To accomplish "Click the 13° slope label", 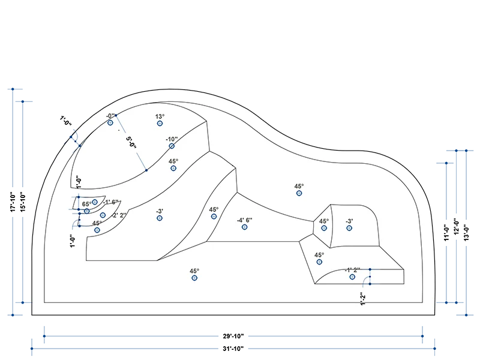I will [160, 116].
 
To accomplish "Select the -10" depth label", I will [173, 139].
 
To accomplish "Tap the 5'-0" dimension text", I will [131, 143].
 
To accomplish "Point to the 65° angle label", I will [87, 205].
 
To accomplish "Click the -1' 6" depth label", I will [112, 202].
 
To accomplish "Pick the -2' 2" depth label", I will [119, 215].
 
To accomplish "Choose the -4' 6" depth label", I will [244, 220].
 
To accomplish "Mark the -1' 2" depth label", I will [352, 270].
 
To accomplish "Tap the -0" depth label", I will [110, 116].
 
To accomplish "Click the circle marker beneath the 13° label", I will [160, 124].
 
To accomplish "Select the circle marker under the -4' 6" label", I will [244, 227].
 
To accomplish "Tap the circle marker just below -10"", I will [172, 146].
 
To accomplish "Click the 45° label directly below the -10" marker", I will [173, 161].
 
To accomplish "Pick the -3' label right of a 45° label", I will [349, 221].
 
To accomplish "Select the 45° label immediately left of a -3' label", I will [324, 221].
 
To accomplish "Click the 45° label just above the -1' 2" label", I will [319, 254].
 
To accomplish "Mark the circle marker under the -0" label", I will [110, 123].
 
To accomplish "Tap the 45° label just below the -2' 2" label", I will [97, 223].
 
